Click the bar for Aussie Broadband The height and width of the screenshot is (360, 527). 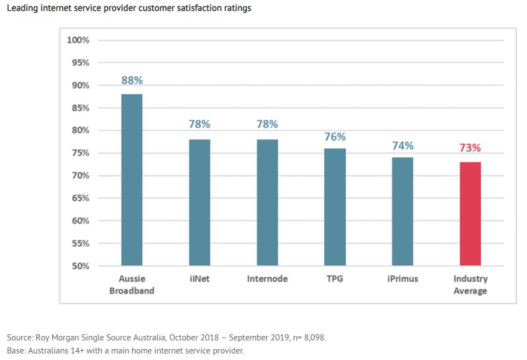click(x=132, y=180)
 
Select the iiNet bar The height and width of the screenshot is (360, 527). click(x=199, y=203)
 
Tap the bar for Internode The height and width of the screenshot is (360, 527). click(x=267, y=203)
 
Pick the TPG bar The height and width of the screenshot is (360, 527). click(x=335, y=207)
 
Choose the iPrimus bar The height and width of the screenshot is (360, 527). click(x=403, y=211)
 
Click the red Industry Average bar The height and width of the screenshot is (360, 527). click(x=470, y=213)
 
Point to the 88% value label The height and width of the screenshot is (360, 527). click(x=132, y=80)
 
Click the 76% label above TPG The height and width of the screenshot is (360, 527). click(x=335, y=137)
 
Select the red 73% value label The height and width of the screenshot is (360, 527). click(x=470, y=148)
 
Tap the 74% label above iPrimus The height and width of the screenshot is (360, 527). click(x=403, y=145)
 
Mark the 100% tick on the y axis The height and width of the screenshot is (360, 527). click(x=78, y=40)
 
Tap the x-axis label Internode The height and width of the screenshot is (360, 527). click(x=267, y=279)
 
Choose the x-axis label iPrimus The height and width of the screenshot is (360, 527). click(x=403, y=279)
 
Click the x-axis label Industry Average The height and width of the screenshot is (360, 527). click(x=470, y=285)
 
